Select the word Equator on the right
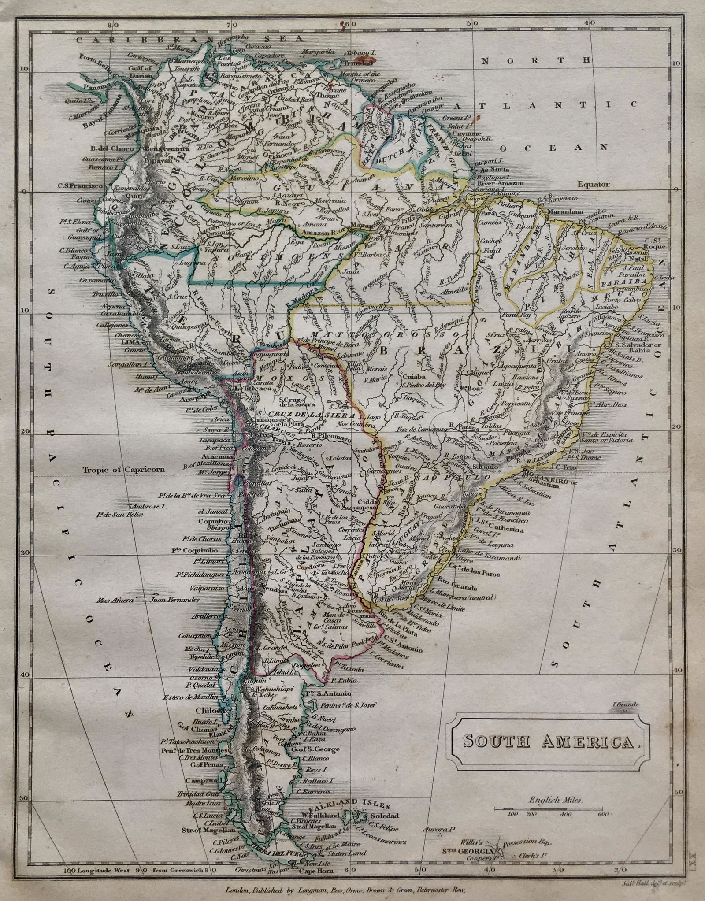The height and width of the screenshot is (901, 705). [594, 185]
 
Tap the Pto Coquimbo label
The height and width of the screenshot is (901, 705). [195, 550]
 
